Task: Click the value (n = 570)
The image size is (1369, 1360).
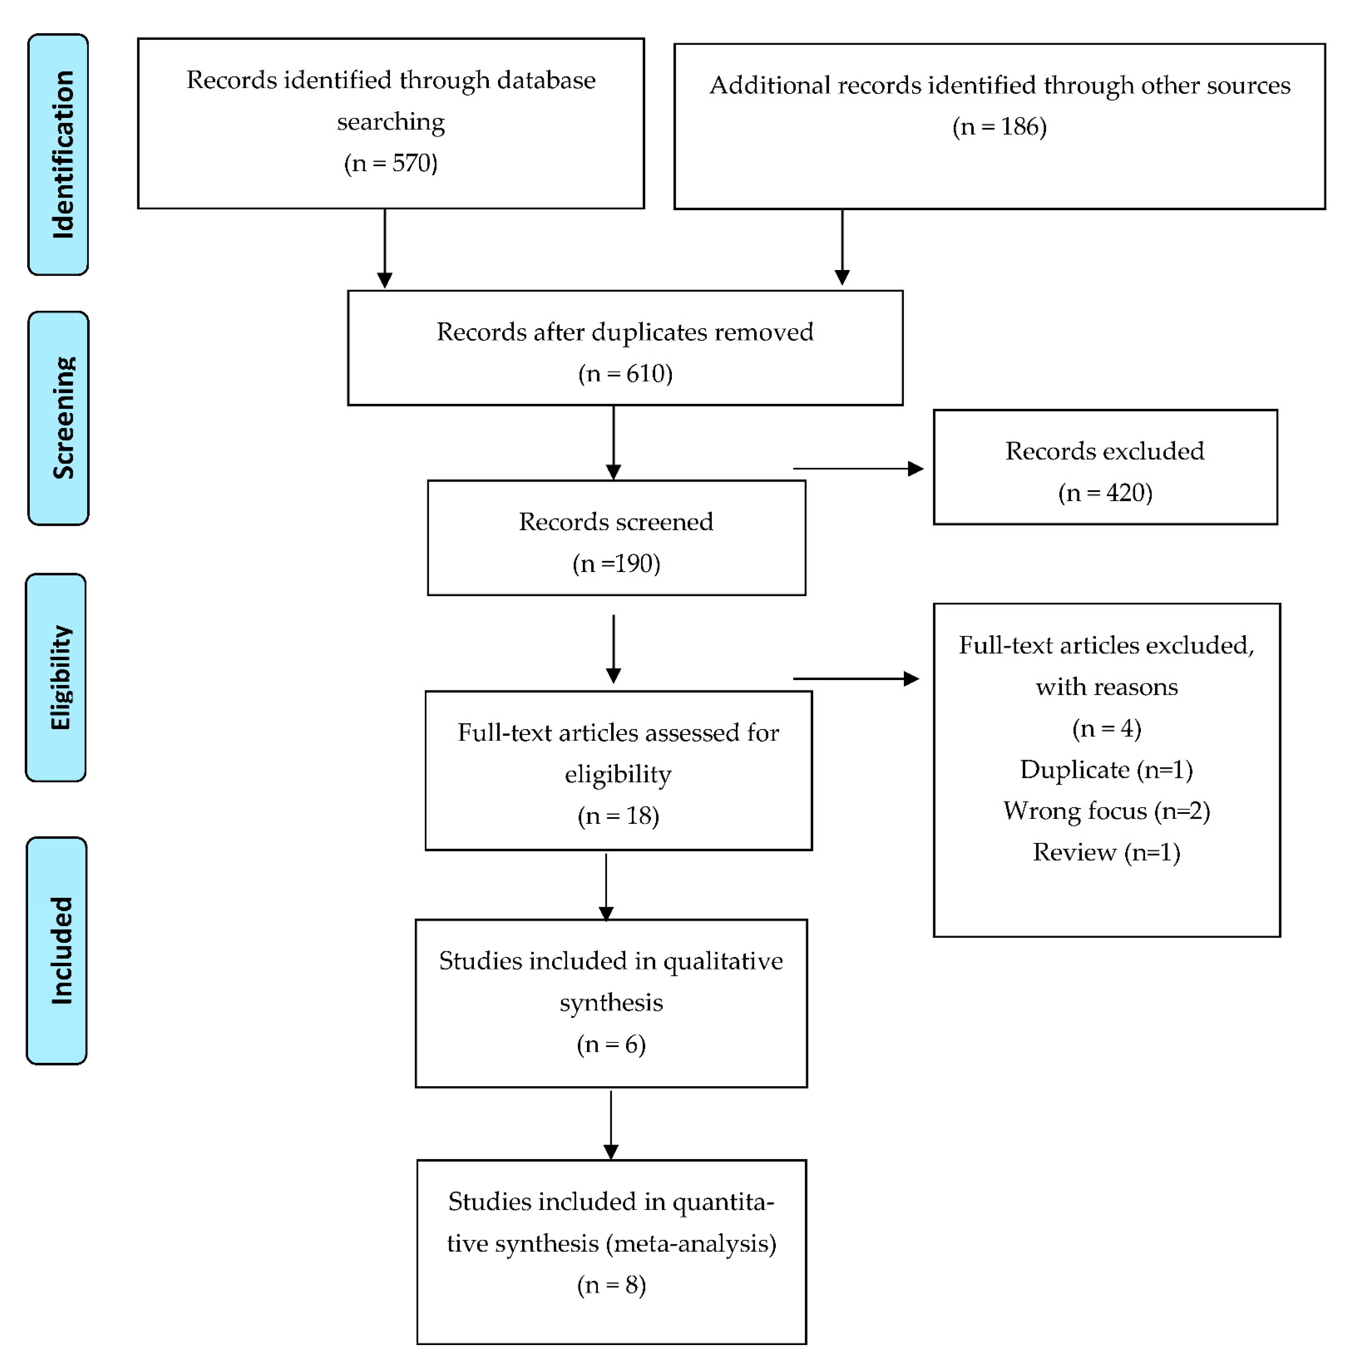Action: [390, 164]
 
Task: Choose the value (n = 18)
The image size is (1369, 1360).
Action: [618, 816]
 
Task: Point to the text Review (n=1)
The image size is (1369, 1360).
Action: [1106, 853]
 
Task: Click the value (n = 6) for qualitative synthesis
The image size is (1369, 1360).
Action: [611, 1045]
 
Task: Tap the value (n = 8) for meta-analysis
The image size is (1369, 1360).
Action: [611, 1285]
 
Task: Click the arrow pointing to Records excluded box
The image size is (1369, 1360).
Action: [857, 469]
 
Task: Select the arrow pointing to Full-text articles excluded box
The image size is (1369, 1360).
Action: [855, 679]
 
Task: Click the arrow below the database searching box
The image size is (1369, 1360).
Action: [385, 248]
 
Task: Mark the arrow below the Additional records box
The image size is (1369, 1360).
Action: [842, 246]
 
